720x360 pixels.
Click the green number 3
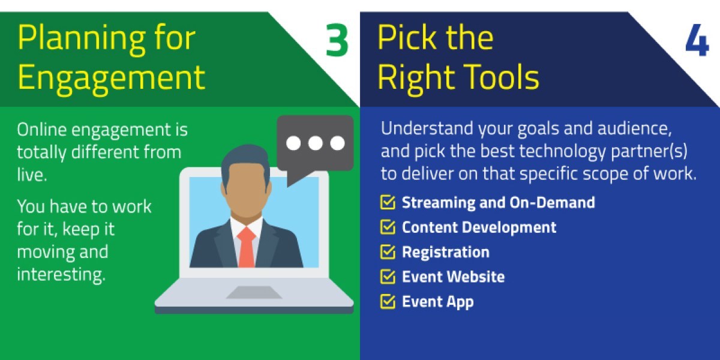tap(337, 41)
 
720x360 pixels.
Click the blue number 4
tap(697, 41)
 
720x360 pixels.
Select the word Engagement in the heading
tap(111, 77)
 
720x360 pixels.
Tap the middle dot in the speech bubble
tap(315, 143)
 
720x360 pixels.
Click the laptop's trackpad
tap(254, 292)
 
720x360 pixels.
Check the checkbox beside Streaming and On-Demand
tap(388, 203)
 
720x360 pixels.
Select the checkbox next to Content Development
tap(388, 227)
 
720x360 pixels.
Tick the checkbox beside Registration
tap(388, 252)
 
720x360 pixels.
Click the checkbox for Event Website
tap(388, 277)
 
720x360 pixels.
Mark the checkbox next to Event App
tap(388, 301)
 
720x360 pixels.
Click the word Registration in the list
tap(445, 252)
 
